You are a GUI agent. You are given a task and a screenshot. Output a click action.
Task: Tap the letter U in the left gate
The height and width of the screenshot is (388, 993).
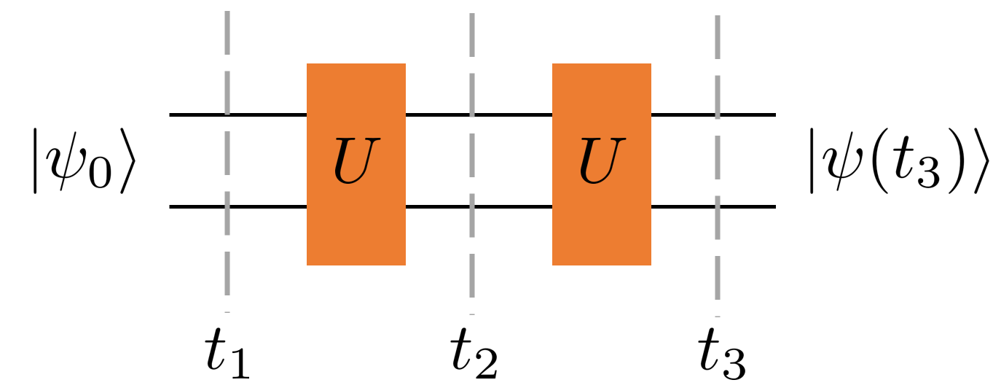coord(356,162)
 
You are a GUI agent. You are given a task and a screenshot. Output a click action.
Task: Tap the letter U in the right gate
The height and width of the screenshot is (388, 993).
coord(601,162)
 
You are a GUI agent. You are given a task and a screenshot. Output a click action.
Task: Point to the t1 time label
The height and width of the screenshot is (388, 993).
coord(227,357)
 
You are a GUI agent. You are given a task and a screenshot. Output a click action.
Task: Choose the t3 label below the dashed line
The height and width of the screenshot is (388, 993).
coord(720,357)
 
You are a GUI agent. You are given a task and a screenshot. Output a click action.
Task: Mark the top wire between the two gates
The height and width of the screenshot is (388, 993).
coord(437,115)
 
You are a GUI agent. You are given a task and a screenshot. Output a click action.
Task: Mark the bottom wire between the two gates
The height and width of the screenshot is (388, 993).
coord(437,207)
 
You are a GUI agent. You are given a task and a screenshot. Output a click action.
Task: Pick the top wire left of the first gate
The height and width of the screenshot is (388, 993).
coord(197,115)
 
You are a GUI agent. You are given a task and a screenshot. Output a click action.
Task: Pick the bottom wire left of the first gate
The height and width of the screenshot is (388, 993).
coord(197,207)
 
